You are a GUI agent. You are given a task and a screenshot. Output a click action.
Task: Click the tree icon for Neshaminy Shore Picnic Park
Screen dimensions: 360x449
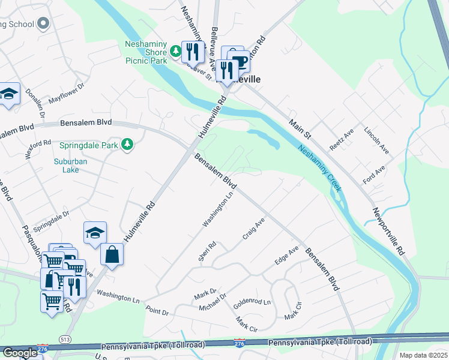176,52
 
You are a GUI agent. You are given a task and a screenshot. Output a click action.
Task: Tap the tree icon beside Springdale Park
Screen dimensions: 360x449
127,145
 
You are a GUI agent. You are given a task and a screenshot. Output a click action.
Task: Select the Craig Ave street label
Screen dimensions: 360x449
254,228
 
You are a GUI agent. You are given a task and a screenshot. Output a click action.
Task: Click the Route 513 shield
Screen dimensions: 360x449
64,340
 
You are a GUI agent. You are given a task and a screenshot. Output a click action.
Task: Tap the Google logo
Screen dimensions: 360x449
19,353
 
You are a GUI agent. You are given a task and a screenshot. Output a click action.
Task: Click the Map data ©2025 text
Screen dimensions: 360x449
423,355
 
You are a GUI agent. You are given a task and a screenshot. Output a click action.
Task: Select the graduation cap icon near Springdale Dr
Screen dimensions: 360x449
94,234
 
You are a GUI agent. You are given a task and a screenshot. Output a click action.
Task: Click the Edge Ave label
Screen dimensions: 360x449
286,256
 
